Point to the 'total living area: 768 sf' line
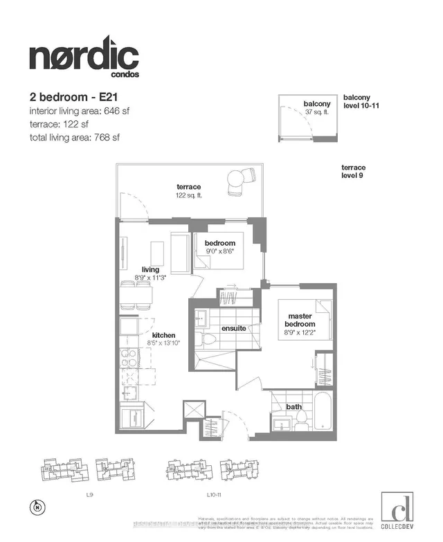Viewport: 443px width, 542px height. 75,137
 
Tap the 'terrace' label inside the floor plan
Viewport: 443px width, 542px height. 188,187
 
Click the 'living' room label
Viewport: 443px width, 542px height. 151,269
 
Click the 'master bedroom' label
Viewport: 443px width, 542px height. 301,320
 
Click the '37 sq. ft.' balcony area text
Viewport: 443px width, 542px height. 316,112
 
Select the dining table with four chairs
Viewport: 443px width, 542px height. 136,294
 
